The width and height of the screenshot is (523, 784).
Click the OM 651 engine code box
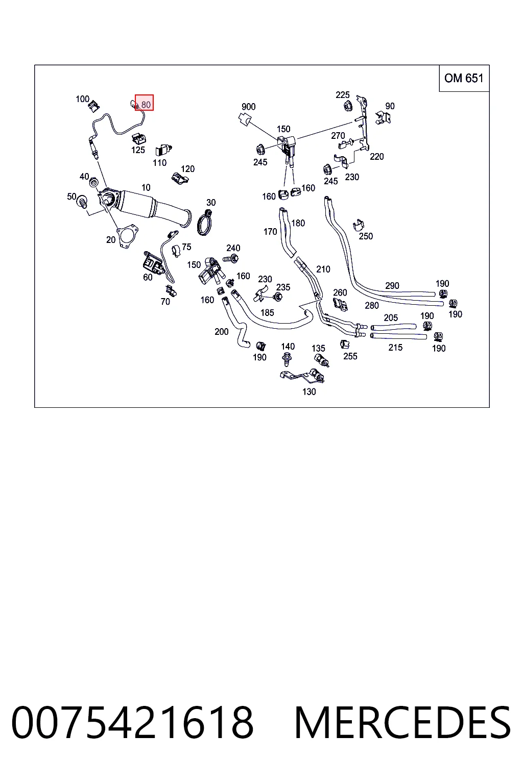point(464,78)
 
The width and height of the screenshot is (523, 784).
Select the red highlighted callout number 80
point(145,103)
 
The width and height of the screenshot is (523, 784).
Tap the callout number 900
point(248,107)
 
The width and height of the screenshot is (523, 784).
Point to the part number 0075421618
point(132,723)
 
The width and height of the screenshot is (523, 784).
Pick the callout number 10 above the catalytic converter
point(146,188)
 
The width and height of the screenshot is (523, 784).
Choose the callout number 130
point(309,391)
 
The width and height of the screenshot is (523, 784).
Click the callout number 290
point(392,286)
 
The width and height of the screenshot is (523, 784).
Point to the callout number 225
point(342,95)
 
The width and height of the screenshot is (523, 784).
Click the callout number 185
point(267,312)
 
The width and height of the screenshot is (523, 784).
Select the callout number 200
point(221,331)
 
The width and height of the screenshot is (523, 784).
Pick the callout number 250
point(366,236)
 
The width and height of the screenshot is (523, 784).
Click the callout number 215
point(395,348)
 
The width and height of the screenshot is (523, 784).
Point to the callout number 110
point(159,163)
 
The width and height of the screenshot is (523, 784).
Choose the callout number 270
point(338,135)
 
